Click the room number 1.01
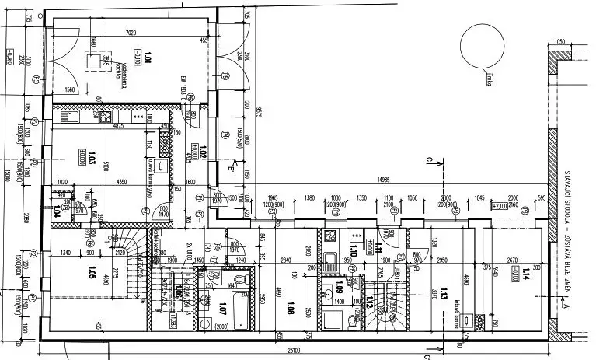(x=147, y=56)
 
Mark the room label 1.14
(x=526, y=272)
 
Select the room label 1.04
(x=56, y=210)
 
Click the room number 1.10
(x=353, y=250)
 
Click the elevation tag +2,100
(x=499, y=208)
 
